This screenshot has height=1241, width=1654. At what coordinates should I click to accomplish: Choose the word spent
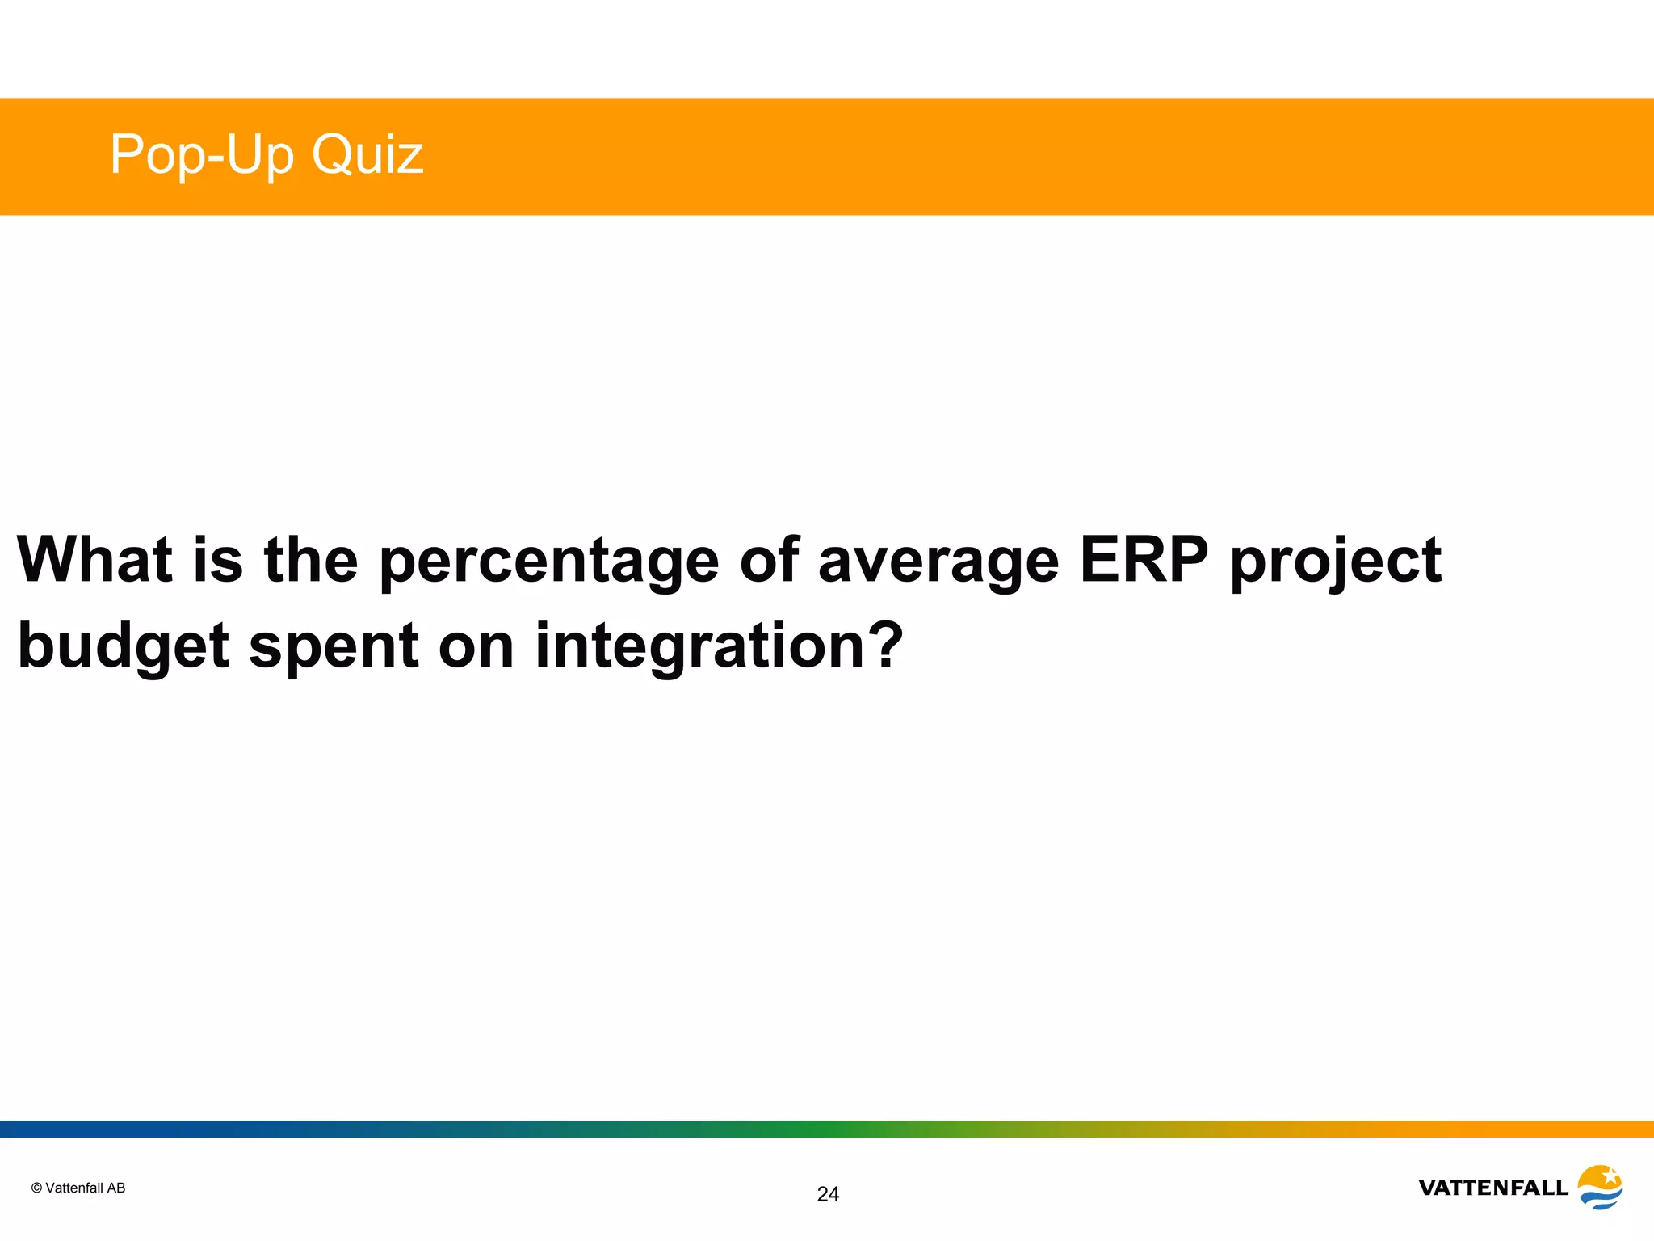[334, 647]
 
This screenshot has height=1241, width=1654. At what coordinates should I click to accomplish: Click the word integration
[695, 647]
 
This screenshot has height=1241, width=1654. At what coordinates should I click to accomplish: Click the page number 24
[828, 1194]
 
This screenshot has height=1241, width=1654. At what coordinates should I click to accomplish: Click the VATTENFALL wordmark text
[1493, 1188]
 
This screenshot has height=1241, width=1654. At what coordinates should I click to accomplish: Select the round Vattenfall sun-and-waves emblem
[1600, 1187]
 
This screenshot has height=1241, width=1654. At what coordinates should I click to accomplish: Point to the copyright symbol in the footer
[36, 1188]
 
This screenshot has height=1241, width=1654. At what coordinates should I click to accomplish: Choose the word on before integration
[476, 647]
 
